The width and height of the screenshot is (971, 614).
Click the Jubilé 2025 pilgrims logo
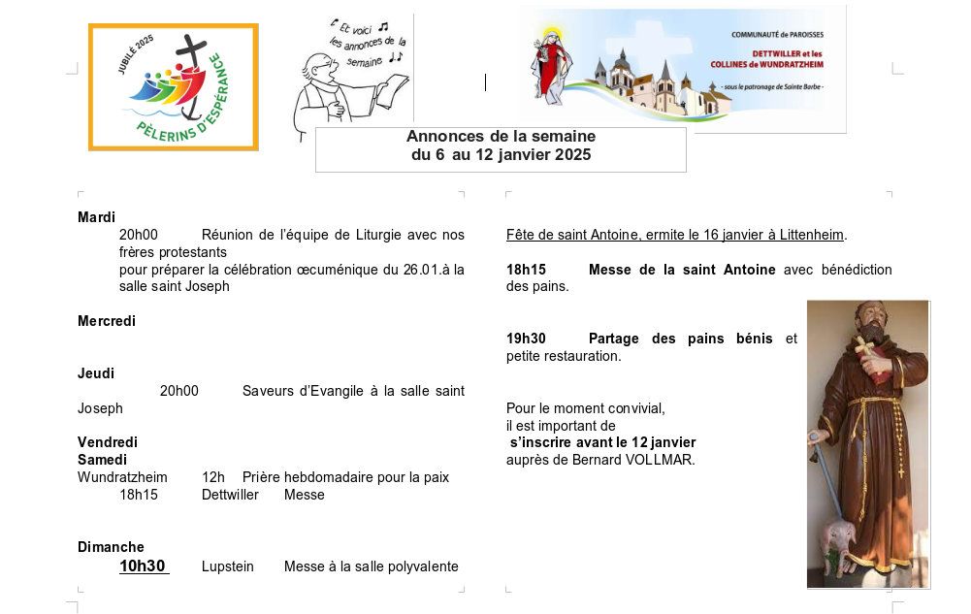pos(174,87)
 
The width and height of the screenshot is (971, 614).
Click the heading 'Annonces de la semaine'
pos(501,137)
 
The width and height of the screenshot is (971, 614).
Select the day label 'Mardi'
pos(96,217)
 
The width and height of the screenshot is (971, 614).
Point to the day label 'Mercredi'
pos(107,321)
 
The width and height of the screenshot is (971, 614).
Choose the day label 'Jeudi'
pos(96,373)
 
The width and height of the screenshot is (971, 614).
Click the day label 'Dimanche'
pos(111,547)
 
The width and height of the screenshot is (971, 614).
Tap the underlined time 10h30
pos(143,566)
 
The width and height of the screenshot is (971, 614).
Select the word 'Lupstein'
pos(228,566)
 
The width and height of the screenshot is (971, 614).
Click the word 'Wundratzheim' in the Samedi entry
pos(122,477)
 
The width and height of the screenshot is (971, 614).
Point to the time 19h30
pos(526,339)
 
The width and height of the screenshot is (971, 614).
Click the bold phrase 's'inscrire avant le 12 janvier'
pos(602,442)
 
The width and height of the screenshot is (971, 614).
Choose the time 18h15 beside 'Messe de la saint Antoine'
pos(526,270)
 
